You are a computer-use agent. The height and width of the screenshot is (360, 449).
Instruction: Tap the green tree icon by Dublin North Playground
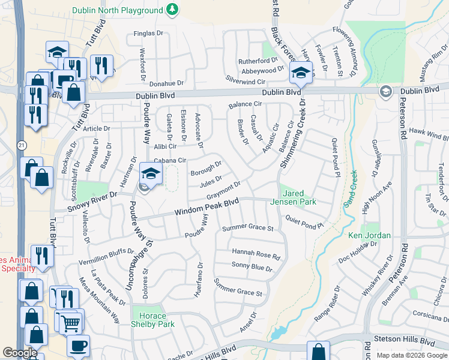click(172, 10)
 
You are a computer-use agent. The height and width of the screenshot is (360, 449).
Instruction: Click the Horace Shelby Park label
click(152, 320)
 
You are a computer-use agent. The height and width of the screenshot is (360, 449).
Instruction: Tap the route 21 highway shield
click(22, 145)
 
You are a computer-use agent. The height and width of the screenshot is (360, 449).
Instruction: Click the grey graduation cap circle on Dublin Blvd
click(385, 91)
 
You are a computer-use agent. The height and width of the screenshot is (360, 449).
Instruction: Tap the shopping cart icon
click(71, 322)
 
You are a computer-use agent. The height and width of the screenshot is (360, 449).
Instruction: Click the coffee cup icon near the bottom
click(78, 346)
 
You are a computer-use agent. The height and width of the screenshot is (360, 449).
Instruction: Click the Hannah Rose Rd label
click(256, 254)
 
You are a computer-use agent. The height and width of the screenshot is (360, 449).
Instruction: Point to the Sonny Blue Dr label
click(252, 266)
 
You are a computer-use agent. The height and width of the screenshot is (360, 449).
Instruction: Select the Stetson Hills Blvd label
click(403, 339)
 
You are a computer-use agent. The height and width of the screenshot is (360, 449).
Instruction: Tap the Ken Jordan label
click(370, 235)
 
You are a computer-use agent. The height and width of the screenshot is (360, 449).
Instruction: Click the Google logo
click(20, 353)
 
